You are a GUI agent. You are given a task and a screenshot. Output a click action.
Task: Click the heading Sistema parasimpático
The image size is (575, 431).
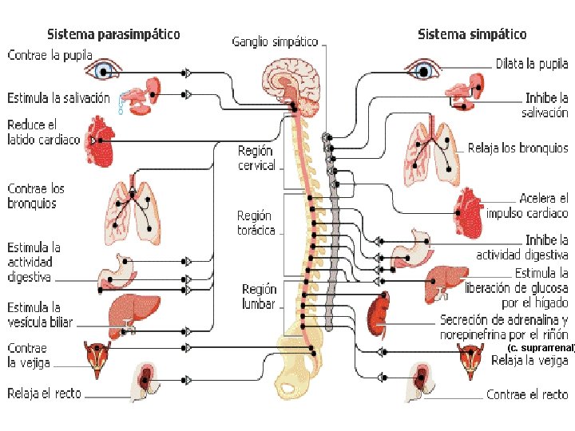[113, 34]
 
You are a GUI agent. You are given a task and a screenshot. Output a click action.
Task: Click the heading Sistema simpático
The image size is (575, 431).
[472, 34]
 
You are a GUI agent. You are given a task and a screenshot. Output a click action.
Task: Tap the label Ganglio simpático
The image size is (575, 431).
[275, 42]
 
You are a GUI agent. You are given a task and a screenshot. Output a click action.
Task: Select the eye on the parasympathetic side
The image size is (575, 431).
[103, 69]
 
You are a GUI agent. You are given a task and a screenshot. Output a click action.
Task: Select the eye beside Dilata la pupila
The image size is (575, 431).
[423, 69]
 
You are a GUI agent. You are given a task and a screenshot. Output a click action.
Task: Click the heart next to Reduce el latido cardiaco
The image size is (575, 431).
[99, 141]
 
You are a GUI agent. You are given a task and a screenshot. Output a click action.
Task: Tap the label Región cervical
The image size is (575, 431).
[256, 158]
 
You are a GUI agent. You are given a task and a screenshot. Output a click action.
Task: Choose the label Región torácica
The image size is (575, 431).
[256, 223]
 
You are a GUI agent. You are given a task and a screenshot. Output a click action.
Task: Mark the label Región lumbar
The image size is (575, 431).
[259, 296]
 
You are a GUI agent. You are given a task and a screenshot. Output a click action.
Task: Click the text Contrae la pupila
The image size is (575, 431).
[50, 55]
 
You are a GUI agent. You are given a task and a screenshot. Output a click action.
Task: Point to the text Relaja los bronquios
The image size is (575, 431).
[517, 148]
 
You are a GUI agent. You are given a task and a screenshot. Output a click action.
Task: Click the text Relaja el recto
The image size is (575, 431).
[45, 393]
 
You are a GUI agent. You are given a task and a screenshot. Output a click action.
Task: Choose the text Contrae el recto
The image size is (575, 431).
[527, 394]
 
